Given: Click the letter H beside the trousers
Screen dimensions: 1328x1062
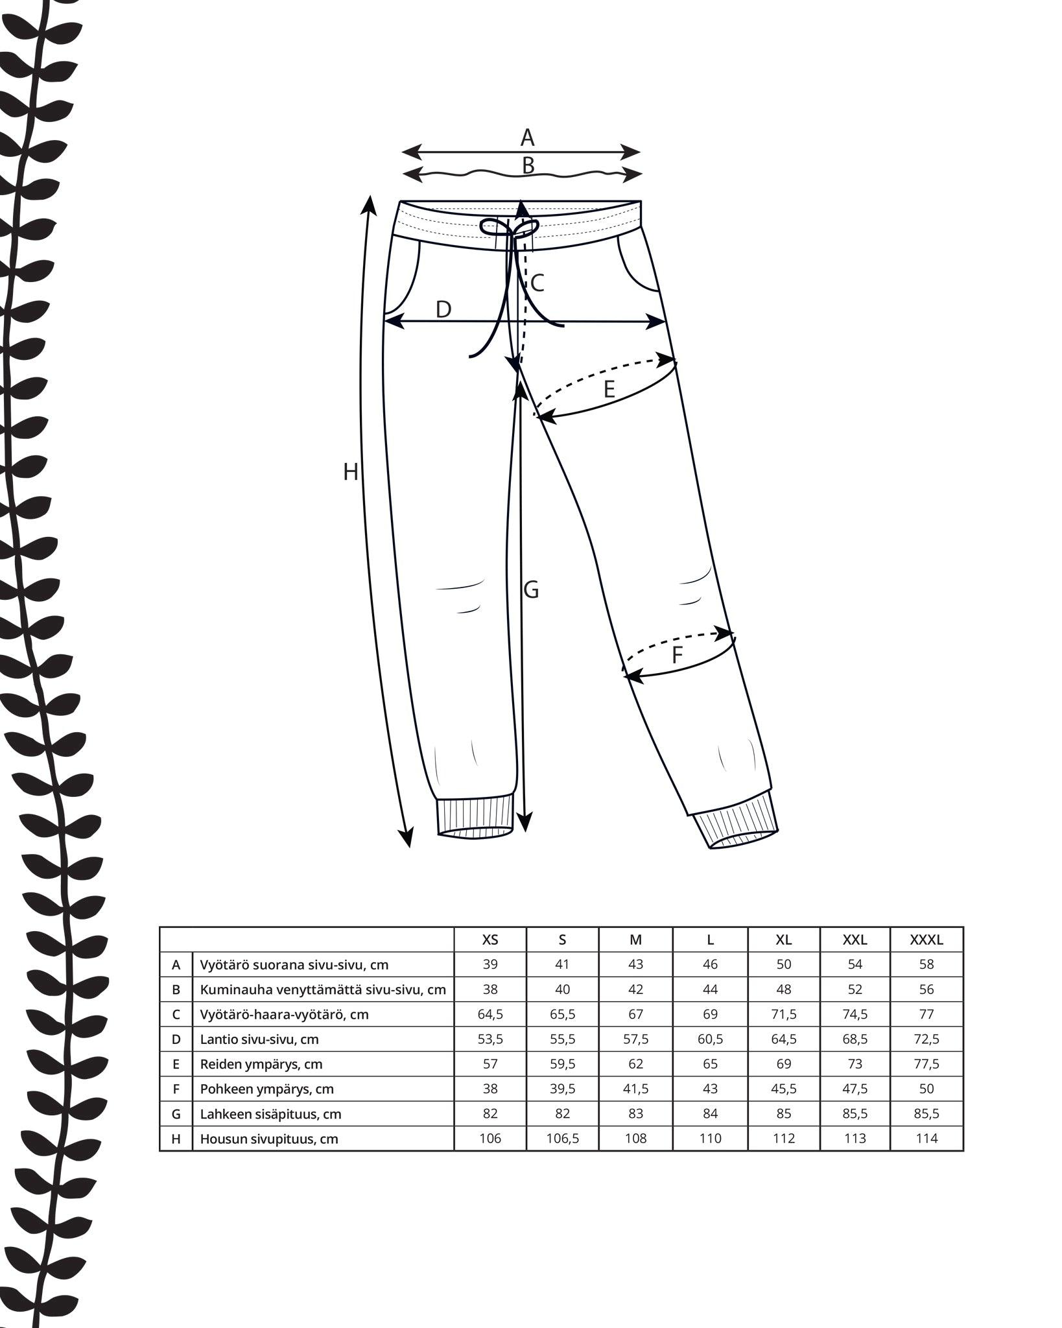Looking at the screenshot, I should pos(350,473).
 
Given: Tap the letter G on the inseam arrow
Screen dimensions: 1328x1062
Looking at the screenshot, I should pos(531,590).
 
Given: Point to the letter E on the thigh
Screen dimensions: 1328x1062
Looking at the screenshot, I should pos(609,389).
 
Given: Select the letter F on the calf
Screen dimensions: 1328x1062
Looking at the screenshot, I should pos(677,656).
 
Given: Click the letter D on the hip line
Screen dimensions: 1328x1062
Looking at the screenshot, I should pos(443,310).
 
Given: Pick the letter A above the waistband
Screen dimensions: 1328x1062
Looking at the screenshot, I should pos(527,137).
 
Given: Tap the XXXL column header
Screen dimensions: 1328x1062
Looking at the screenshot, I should pos(926,940).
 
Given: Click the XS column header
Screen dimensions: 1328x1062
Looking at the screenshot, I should pos(490,940).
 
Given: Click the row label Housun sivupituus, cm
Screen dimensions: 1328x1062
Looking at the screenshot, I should pos(269,1139).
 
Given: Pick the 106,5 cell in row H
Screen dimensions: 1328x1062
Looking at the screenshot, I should pos(562,1139).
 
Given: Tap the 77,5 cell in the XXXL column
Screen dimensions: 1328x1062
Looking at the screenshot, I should pos(926,1064).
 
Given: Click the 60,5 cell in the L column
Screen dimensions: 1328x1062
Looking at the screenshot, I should pos(710,1039).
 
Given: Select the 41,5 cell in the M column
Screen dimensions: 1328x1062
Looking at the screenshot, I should pos(635,1089).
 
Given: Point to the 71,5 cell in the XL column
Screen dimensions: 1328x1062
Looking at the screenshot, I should pos(784,1014).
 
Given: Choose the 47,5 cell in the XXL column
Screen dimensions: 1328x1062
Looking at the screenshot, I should pos(855,1089).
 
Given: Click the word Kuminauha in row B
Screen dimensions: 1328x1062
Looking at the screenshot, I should pos(230,990).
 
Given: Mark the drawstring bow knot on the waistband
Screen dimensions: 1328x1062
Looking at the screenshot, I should pos(511,229).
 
